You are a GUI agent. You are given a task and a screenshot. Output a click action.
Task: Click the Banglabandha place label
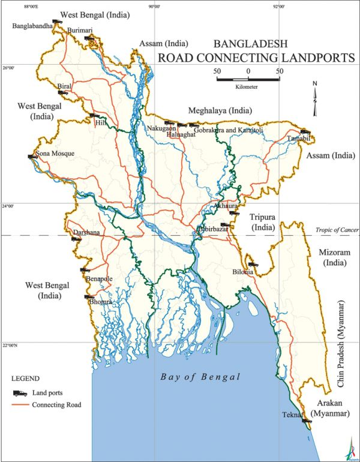(32, 26)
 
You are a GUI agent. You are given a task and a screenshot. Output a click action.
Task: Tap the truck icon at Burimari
(89, 38)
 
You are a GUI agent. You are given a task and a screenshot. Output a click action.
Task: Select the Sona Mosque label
(55, 154)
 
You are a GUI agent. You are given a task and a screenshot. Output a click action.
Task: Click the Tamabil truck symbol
(305, 132)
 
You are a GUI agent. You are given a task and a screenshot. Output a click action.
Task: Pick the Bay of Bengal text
(200, 377)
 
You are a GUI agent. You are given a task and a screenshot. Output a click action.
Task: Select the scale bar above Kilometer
(248, 78)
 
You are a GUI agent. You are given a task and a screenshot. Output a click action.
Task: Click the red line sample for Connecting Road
(21, 405)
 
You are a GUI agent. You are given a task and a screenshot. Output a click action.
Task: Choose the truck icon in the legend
(21, 393)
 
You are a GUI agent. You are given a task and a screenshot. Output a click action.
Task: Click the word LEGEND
(26, 379)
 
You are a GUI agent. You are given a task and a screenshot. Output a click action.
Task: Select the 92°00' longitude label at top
(278, 7)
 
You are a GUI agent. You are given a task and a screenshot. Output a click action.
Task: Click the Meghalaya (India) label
(220, 111)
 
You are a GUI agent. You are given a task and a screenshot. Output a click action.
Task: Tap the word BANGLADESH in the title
(251, 44)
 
